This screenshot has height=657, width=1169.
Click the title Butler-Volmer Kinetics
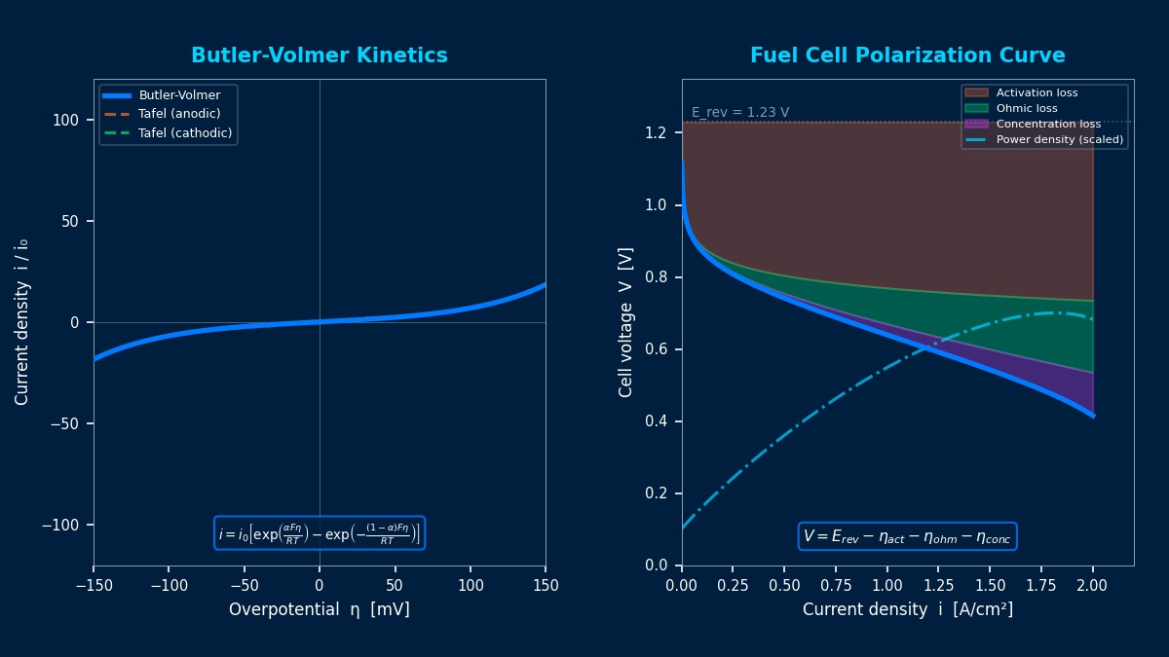coord(320,55)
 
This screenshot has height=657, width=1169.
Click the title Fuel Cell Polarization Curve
coord(907,55)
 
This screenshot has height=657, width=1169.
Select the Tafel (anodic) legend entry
coord(179,114)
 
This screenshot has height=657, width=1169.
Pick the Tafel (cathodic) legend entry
coord(185,132)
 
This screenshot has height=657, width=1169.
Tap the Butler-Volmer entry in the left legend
coord(179,95)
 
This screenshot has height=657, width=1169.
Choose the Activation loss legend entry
coord(1037,93)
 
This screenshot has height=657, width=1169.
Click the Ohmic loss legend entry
coord(1026,109)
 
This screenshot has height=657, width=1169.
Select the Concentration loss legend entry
coord(1047,125)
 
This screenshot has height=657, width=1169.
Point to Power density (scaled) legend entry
coord(1059,140)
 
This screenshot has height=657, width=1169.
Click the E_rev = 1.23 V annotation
coord(740,112)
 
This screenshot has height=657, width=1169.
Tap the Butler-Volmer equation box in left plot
coord(320,533)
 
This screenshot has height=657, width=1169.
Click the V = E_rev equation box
coord(907,536)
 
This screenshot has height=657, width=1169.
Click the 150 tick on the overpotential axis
coord(546,585)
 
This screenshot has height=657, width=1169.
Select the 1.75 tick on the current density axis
coord(1041,585)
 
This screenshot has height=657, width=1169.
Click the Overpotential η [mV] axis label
coord(320,609)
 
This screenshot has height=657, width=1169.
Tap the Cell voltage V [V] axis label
coord(626,322)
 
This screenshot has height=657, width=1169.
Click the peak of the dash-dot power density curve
coord(1052,312)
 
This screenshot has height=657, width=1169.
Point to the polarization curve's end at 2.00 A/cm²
coord(1092,416)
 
